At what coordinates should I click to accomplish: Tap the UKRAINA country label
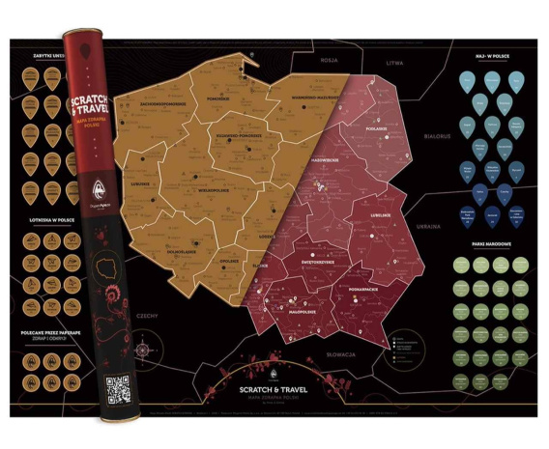click(x=427, y=225)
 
